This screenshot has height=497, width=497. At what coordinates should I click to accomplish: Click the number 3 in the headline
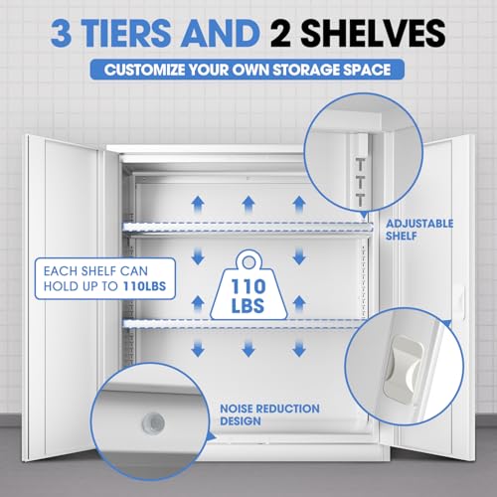(62, 33)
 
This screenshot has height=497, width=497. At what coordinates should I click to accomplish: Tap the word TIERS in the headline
(127, 33)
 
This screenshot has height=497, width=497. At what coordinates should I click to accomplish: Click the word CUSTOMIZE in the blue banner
(144, 70)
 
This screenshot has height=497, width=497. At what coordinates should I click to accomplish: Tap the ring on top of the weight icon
(248, 262)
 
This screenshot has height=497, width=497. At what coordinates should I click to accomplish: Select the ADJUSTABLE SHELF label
(419, 230)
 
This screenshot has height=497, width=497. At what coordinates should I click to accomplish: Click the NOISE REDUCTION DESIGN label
(269, 414)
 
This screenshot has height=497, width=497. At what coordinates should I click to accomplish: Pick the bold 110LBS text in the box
(144, 286)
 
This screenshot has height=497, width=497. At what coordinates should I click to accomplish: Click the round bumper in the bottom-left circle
(153, 423)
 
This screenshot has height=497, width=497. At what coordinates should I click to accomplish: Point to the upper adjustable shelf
(247, 230)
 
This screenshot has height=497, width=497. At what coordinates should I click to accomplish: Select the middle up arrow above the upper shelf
(248, 204)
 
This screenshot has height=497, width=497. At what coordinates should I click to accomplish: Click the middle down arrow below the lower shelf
(248, 349)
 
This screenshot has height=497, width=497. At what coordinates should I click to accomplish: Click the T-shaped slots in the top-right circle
(361, 182)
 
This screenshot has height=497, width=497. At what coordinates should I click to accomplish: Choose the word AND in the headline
(220, 33)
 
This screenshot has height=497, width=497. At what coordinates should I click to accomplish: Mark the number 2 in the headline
(281, 33)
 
